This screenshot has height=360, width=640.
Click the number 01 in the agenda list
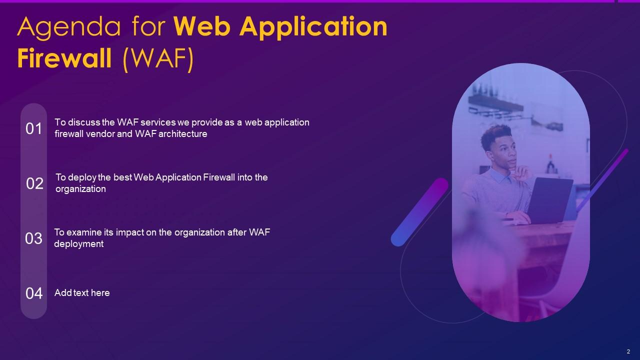(34, 129)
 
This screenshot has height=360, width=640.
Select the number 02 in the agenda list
(35, 184)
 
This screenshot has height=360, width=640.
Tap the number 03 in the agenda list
(34, 238)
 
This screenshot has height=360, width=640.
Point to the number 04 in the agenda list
(34, 293)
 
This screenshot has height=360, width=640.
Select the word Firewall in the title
(64, 58)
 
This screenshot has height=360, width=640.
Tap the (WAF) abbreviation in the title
(158, 59)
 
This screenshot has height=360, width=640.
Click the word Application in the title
(313, 28)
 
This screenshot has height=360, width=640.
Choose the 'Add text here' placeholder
(82, 293)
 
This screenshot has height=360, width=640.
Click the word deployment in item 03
(79, 244)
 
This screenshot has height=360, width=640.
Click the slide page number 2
(628, 351)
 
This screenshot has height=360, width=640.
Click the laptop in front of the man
(549, 200)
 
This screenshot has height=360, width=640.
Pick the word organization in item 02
(80, 189)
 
